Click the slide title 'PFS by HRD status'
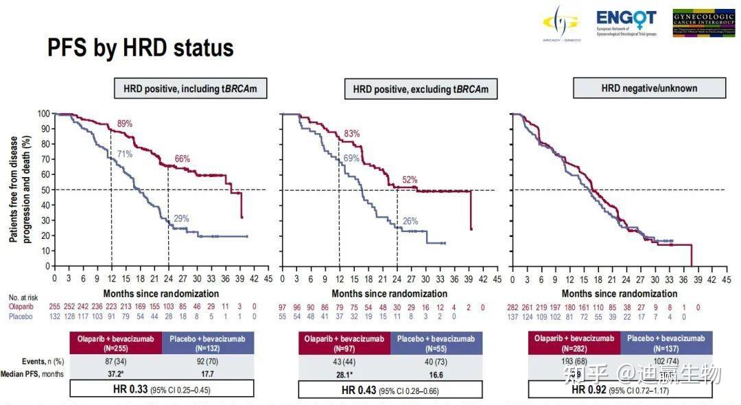point(141,48)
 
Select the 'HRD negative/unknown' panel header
point(649,88)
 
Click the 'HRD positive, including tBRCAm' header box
point(190,89)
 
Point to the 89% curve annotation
point(124,124)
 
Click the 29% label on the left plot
point(181,218)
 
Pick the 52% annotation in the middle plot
point(410,180)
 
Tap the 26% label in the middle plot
point(410,221)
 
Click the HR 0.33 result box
point(162,390)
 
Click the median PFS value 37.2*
point(115,374)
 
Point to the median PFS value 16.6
point(435,374)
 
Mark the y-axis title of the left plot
point(18,189)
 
